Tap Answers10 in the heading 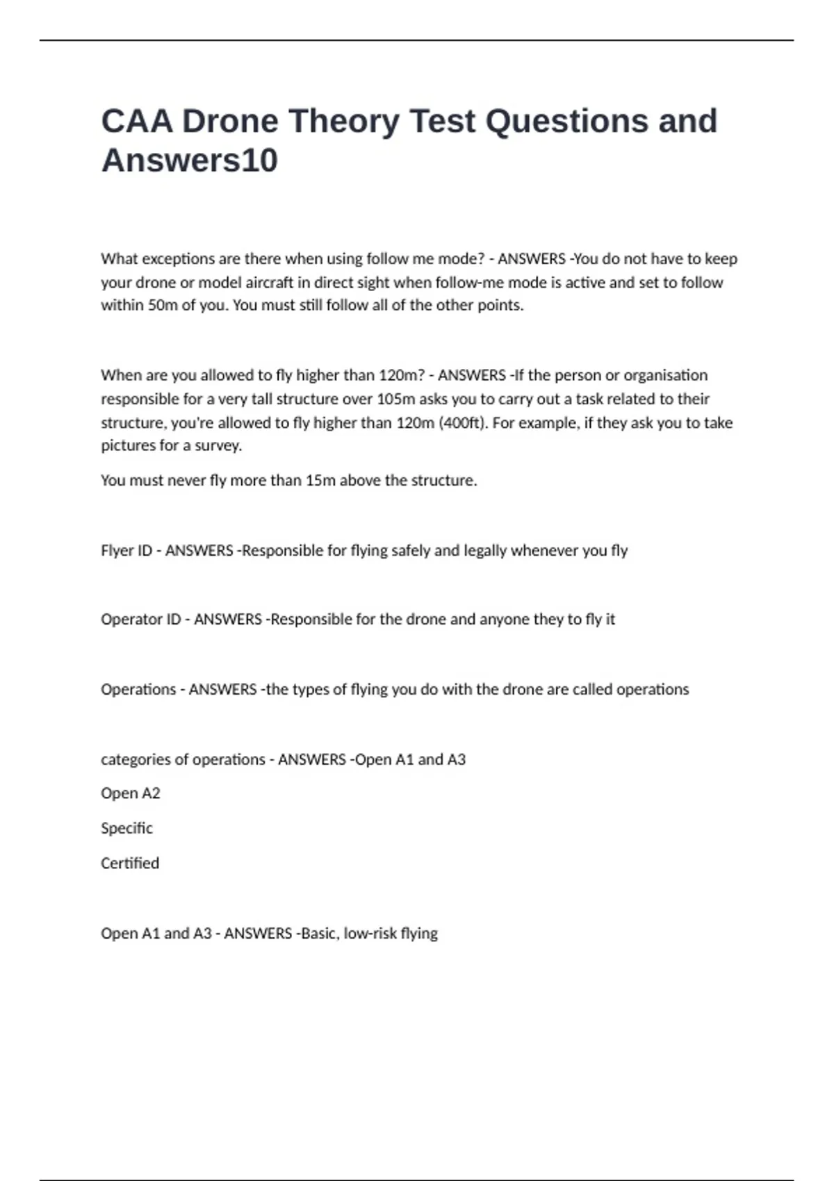click(190, 160)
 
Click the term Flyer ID click(126, 550)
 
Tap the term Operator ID click(140, 619)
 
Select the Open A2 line click(131, 793)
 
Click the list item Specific click(126, 828)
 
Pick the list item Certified click(130, 863)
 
